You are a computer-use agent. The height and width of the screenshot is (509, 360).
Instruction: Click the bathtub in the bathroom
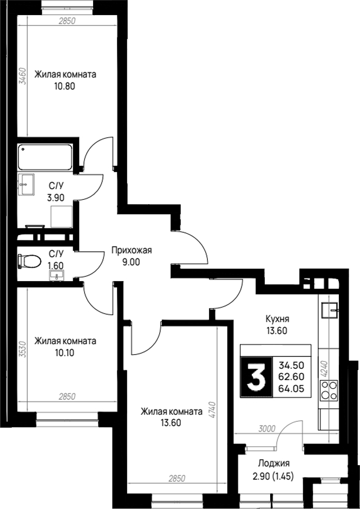[45, 158]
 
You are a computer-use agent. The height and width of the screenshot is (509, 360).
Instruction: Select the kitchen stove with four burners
[329, 390]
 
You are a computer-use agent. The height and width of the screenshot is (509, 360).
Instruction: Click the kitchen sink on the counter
[330, 310]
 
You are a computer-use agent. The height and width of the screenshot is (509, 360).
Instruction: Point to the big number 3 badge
[256, 376]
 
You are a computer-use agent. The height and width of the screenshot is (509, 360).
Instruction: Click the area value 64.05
[291, 388]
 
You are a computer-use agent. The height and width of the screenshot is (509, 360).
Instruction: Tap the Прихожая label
[132, 251]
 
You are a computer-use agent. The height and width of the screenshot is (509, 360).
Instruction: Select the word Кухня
[277, 319]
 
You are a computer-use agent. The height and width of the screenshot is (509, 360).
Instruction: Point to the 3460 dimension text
[22, 76]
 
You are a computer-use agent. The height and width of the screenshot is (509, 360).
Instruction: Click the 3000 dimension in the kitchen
[267, 429]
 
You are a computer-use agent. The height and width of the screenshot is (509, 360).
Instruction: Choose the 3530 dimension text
[22, 349]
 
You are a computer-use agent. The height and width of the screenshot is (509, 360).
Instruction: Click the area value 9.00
[132, 262]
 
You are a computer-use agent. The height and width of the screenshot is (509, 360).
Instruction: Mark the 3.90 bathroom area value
[56, 197]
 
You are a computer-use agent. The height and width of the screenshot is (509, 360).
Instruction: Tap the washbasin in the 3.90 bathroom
[27, 185]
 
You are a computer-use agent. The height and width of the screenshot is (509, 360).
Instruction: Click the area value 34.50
[291, 365]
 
